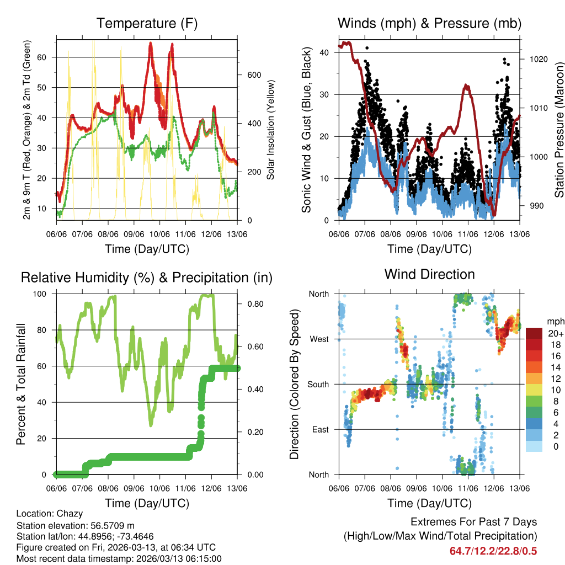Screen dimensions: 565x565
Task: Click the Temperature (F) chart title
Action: (147, 24)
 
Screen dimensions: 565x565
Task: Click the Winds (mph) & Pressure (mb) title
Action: (429, 24)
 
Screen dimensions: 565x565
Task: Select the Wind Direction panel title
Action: (429, 274)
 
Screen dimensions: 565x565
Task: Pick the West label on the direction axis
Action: (319, 339)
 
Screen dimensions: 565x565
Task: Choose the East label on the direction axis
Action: (320, 429)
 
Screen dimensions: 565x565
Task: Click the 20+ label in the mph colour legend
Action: (555, 333)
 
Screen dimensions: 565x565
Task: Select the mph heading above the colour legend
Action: (555, 321)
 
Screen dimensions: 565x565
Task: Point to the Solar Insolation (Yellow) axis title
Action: (271, 130)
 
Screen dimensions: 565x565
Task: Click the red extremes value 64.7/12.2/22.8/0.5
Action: (493, 551)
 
